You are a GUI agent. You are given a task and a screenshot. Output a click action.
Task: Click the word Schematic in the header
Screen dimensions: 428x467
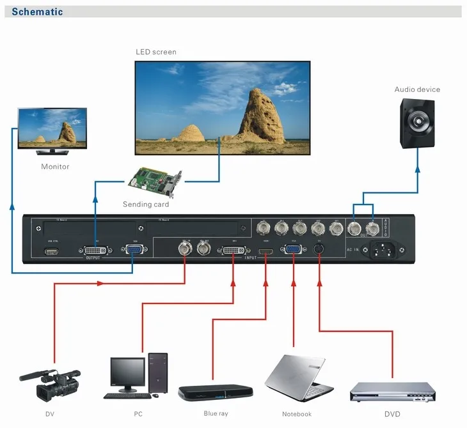click(x=36, y=11)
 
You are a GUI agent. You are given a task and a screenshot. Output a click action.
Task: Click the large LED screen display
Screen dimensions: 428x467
click(x=223, y=108)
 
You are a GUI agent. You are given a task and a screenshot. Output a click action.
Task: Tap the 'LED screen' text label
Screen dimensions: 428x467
click(x=155, y=52)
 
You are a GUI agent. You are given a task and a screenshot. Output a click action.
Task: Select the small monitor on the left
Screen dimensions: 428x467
click(x=52, y=128)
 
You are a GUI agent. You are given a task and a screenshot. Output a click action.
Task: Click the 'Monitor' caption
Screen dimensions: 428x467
click(x=55, y=167)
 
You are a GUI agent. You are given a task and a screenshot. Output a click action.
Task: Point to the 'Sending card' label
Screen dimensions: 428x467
click(x=146, y=204)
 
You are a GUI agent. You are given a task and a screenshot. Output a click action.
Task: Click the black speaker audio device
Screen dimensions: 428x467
click(x=419, y=123)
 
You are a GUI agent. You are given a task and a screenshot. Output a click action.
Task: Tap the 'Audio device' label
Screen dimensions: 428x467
click(x=416, y=89)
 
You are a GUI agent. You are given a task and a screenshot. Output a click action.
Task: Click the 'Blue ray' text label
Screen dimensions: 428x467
click(x=216, y=413)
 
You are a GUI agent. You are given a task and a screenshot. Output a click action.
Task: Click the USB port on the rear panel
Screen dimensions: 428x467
click(x=51, y=251)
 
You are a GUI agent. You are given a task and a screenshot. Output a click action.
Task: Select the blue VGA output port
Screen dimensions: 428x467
click(x=134, y=251)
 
